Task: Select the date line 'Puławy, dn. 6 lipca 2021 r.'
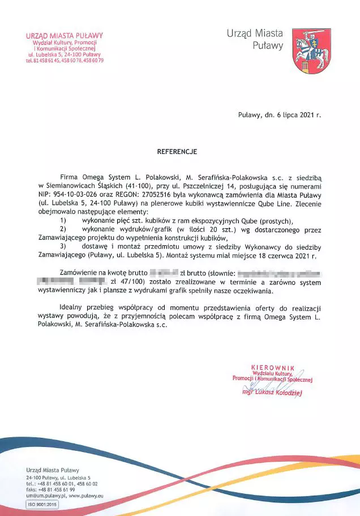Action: (279, 114)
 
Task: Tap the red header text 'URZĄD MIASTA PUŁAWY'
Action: (65, 36)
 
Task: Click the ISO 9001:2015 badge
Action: (42, 504)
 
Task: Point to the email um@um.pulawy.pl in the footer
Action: (45, 495)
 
